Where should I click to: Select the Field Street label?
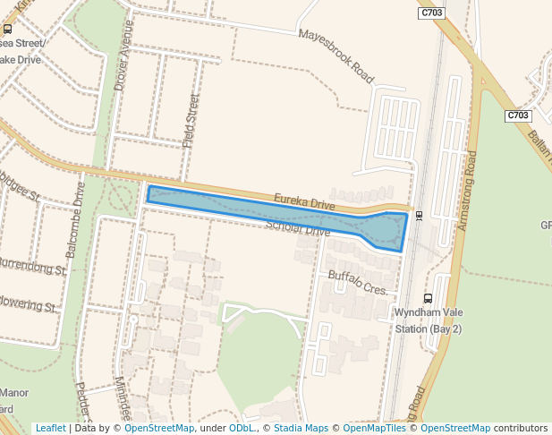pos(191,121)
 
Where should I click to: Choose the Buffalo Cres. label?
pos(357,284)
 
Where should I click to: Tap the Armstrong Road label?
pos(467,191)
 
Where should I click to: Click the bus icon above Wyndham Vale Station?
pos(428,299)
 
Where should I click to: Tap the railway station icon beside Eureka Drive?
pos(419,215)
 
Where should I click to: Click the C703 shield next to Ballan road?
pos(518,115)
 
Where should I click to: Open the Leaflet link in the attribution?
pos(50,428)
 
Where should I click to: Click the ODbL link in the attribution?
pos(241,428)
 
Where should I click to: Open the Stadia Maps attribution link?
pos(301,428)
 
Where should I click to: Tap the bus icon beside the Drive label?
pos(7,29)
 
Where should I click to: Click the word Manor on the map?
pos(14,393)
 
